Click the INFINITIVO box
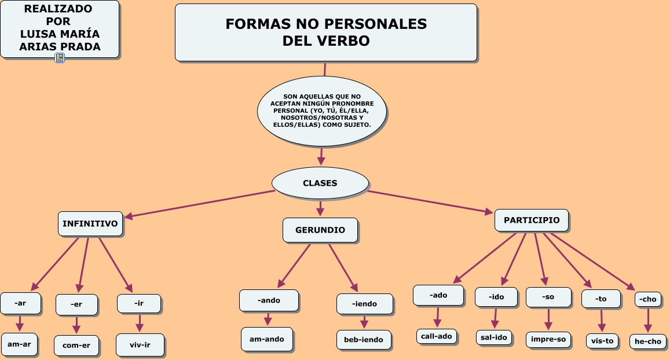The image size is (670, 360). [90, 223]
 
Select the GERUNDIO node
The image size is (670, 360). [320, 230]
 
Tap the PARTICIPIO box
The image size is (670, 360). [532, 221]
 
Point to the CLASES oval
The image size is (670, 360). [320, 183]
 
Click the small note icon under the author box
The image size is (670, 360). [60, 58]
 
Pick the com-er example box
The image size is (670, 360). [76, 346]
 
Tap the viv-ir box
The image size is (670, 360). [140, 344]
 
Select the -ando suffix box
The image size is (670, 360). [269, 300]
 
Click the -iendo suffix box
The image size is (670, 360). [365, 304]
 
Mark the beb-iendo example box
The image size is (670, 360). [364, 340]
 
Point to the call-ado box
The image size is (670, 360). [437, 336]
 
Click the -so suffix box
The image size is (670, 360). [548, 297]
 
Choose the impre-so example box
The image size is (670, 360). [548, 339]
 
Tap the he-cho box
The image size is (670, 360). [648, 341]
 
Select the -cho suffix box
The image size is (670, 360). [648, 299]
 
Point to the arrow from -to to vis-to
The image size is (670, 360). [602, 321]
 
